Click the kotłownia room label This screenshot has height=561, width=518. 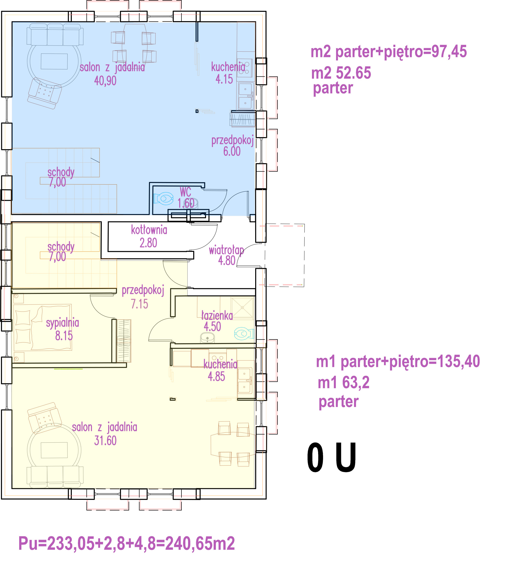149,230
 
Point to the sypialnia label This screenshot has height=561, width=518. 62,323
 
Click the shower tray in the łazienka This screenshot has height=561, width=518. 242,308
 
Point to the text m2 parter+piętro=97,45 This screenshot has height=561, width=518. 389,52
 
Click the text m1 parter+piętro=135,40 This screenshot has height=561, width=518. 398,362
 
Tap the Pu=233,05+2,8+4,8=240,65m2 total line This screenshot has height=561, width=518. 126,544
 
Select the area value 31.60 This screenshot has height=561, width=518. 105,441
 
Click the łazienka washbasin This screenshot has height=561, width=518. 207,338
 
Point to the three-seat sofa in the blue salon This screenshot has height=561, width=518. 55,34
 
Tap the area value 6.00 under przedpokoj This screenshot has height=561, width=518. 232,151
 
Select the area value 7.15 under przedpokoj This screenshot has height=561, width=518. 139,304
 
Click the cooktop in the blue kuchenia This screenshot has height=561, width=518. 245,68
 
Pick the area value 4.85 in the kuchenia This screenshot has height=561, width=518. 216,377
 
